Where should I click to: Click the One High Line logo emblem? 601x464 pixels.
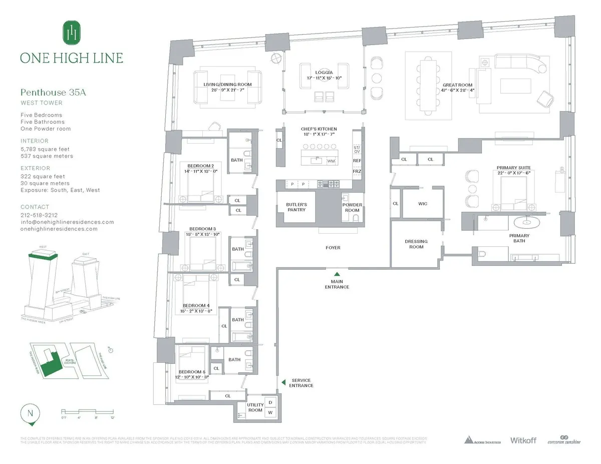[x=71, y=33]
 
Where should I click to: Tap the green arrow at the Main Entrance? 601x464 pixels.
[x=337, y=274]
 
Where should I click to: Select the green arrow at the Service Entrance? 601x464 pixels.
[x=282, y=382]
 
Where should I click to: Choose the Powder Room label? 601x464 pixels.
[x=352, y=208]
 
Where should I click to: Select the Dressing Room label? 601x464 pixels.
[x=416, y=244]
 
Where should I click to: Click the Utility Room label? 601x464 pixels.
[x=255, y=407]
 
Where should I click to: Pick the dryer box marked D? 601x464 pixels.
[x=270, y=402]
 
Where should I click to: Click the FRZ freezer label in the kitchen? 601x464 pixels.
[x=357, y=172]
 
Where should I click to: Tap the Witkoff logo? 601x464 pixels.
[x=523, y=440]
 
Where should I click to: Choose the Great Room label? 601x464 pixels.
[x=457, y=85]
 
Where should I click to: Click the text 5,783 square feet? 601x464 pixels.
[x=45, y=149]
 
